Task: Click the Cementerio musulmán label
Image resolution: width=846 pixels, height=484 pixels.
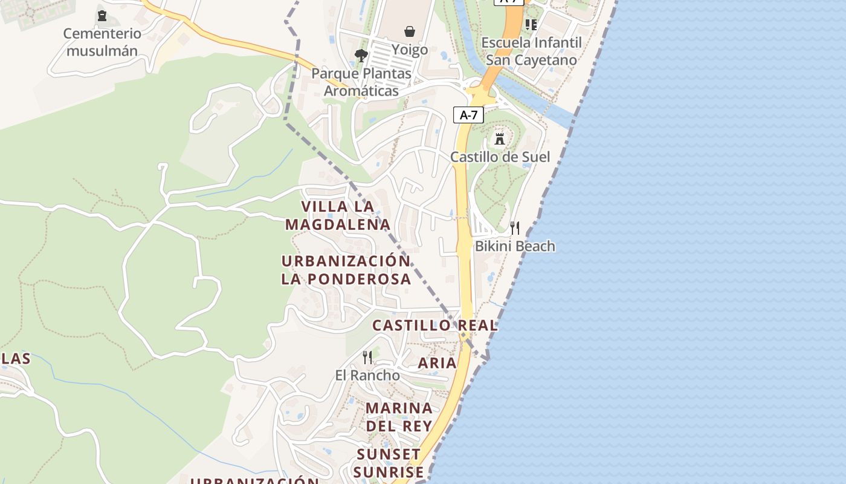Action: [102, 42]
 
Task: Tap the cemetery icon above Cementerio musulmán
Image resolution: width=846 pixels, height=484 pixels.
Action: [102, 15]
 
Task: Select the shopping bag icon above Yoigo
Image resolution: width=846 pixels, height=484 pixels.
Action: [410, 31]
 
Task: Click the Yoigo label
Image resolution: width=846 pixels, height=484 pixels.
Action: [410, 50]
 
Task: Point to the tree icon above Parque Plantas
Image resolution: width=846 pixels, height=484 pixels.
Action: [361, 56]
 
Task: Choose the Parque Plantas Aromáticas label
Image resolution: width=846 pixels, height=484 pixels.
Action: [361, 82]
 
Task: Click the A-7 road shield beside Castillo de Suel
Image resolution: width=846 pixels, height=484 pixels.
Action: [469, 115]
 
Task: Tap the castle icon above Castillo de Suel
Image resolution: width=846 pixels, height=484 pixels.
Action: [500, 139]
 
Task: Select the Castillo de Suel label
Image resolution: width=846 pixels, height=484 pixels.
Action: [500, 157]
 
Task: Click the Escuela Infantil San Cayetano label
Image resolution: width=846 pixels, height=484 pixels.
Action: [532, 51]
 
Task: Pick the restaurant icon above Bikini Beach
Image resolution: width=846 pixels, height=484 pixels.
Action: [515, 227]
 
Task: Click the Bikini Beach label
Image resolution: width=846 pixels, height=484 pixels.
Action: [515, 246]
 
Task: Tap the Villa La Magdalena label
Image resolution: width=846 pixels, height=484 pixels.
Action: [338, 215]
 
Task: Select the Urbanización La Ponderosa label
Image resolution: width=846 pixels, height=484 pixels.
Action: [346, 270]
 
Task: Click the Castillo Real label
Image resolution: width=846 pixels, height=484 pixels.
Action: [435, 325]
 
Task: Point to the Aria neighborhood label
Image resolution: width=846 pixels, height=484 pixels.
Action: [438, 363]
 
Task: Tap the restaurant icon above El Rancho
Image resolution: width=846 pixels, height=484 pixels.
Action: [367, 357]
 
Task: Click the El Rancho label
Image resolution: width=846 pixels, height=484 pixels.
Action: [367, 375]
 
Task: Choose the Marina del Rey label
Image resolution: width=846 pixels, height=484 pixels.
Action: [399, 417]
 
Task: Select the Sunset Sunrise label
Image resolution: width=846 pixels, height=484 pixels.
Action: [389, 463]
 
